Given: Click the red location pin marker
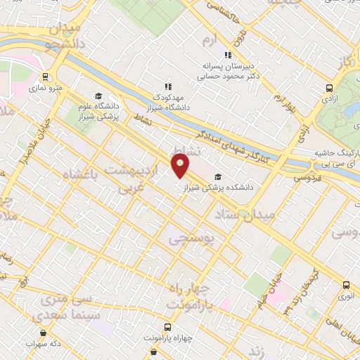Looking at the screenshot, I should click(x=181, y=166).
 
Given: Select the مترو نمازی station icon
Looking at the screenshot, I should click(x=46, y=78).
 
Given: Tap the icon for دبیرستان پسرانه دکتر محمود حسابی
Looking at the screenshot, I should click(x=227, y=55).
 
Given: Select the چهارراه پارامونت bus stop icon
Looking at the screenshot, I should click(x=167, y=327).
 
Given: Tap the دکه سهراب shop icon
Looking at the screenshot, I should click(x=44, y=333).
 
